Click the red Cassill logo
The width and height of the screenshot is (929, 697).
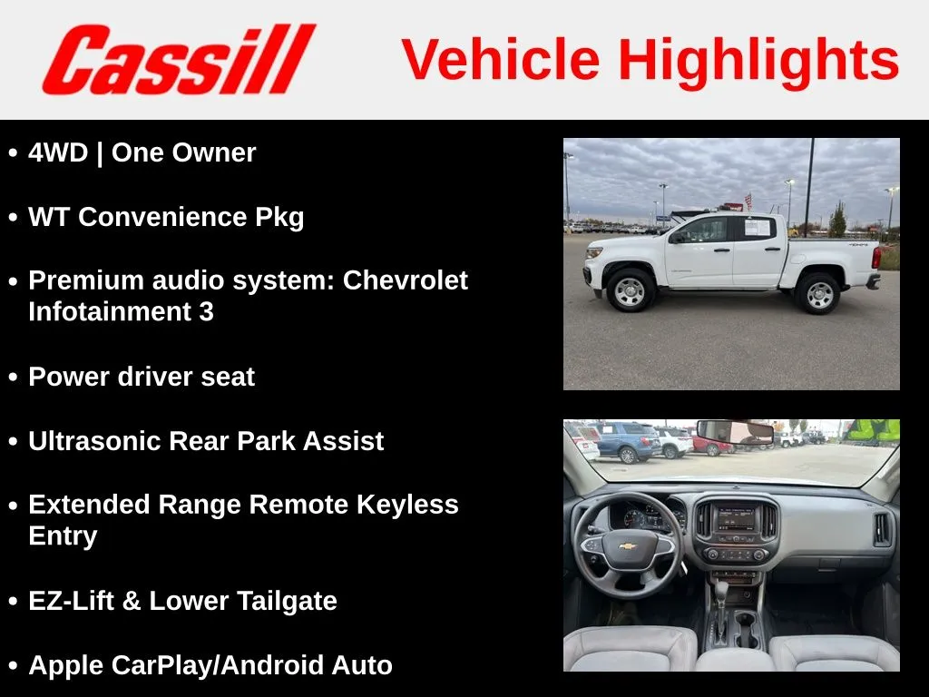click(179, 59)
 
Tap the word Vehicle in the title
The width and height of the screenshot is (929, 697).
click(501, 59)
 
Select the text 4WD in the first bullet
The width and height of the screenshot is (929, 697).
click(58, 152)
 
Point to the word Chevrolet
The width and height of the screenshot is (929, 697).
click(406, 280)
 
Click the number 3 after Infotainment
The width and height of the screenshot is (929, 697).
click(206, 312)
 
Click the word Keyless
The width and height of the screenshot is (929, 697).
click(407, 505)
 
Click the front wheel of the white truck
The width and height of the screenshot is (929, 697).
click(630, 290)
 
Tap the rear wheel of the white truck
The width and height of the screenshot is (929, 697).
click(819, 293)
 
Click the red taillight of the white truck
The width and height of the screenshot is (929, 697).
click(875, 258)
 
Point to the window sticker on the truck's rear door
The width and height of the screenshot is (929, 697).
click(757, 227)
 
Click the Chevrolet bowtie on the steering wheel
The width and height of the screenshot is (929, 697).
click(628, 545)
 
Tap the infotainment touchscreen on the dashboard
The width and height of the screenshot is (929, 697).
click(737, 518)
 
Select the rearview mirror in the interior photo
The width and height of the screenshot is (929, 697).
click(735, 431)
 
